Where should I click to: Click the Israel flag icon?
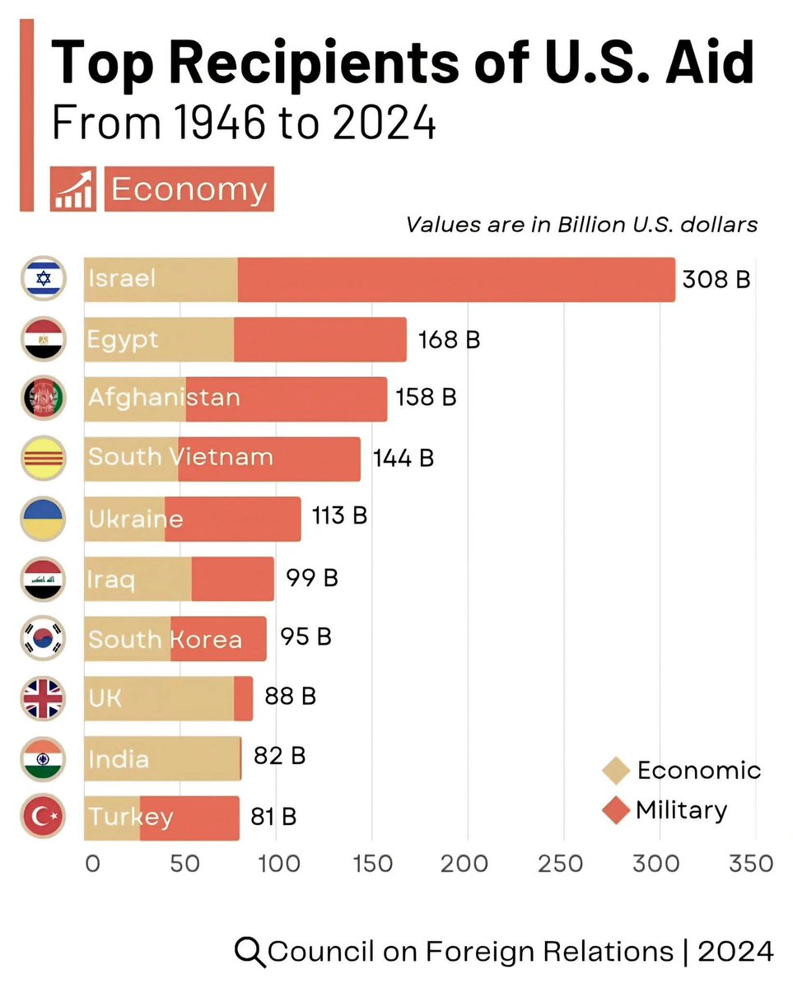click(43, 279)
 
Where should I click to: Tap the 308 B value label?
click(716, 279)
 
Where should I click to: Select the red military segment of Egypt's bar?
click(320, 339)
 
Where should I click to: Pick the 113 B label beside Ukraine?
click(339, 516)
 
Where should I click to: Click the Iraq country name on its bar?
click(111, 579)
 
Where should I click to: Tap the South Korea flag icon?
click(43, 638)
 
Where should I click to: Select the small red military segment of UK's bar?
click(244, 698)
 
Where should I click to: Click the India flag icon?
click(43, 758)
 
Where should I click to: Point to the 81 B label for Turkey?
click(273, 817)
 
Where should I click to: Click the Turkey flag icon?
click(43, 818)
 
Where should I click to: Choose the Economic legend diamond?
click(616, 771)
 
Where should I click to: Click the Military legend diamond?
click(616, 810)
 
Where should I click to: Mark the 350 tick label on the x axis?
click(751, 864)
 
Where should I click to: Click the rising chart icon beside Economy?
click(73, 189)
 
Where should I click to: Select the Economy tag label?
click(189, 189)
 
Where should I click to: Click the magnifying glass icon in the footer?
click(250, 952)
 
